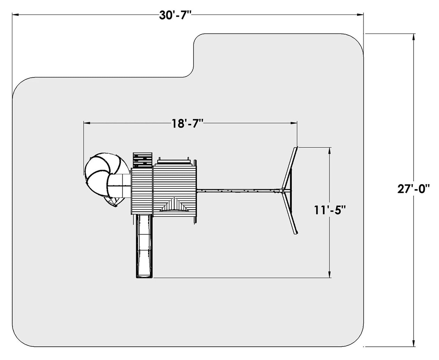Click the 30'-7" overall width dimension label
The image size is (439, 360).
tap(175, 15)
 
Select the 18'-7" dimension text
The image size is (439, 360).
tap(187, 124)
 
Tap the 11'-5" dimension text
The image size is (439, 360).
tap(330, 210)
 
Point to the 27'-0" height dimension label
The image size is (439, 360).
tap(413, 189)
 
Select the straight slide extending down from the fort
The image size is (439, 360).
tap(145, 246)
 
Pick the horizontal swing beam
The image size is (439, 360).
tap(239, 190)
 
